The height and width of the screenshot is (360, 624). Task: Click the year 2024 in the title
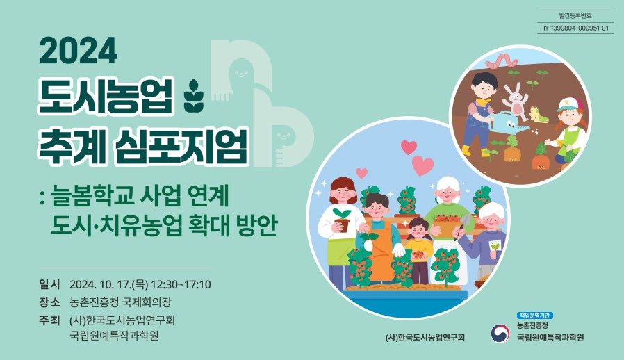79,51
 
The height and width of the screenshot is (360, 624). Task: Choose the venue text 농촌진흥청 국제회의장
120,302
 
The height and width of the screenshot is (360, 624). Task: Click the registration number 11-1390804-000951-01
575,28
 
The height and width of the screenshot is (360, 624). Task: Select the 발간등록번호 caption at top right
575,15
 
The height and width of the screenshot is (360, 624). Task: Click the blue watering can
511,126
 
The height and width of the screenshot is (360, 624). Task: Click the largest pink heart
422,165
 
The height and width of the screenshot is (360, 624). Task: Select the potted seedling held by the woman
342,218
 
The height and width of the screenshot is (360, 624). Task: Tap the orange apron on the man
380,253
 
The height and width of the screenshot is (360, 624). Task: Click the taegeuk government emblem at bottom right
500,334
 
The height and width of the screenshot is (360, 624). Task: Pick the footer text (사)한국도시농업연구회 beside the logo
425,338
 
